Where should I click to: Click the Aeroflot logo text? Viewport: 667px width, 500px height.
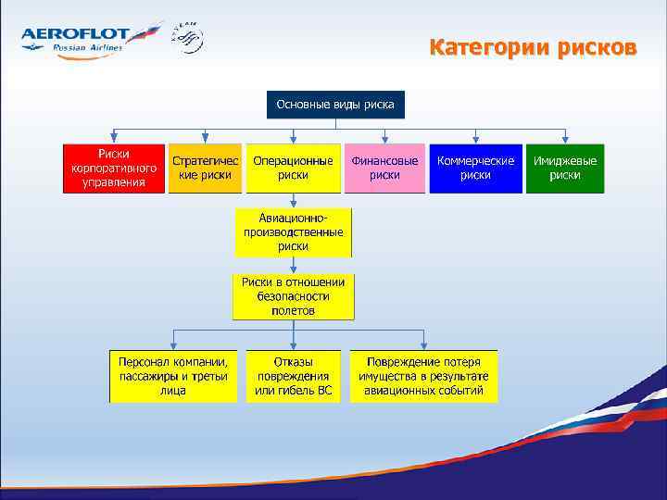pos(74,34)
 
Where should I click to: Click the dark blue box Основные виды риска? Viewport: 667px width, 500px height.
pos(334,105)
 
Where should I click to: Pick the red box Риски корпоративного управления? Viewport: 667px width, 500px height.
pos(114,168)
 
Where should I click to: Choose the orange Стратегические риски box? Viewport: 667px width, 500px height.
pos(205,168)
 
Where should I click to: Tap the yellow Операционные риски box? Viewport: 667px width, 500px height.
pos(293,168)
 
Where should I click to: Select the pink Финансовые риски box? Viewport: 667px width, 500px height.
pos(384,168)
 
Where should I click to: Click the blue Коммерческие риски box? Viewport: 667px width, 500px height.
pos(475,168)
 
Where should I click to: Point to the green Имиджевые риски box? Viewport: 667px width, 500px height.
pos(564,168)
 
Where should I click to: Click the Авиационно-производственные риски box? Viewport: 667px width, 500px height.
pos(293,231)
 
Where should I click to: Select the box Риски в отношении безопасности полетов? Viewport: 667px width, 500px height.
pos(293,296)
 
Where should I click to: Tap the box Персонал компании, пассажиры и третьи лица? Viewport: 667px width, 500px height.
pos(173,376)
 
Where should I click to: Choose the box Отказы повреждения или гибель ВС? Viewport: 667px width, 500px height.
pos(293,376)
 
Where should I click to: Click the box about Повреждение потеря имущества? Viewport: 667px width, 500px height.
pos(423,376)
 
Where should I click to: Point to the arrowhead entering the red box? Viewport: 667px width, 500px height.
pos(114,139)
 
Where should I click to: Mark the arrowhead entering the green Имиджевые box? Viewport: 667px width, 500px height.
pos(564,139)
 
